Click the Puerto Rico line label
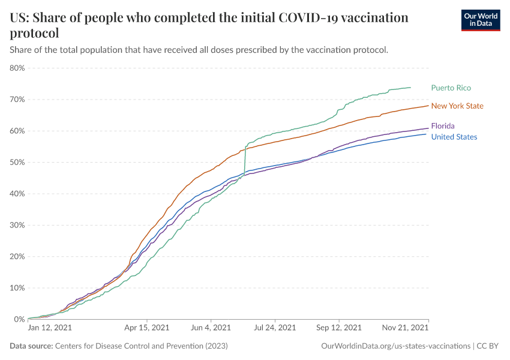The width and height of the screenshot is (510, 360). [451, 88]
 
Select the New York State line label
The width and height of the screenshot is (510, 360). [457, 106]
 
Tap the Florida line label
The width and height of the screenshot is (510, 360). [443, 126]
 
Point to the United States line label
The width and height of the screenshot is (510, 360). [454, 137]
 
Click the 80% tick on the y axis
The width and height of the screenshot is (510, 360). [17, 68]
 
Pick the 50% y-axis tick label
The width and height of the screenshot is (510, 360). [17, 162]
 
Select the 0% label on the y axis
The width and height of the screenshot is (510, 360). [19, 319]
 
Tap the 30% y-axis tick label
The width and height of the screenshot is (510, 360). [17, 225]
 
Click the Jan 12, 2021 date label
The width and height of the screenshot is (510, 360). [50, 328]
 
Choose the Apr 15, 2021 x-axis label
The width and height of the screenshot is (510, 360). [146, 328]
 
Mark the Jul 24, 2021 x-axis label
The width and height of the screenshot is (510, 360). [275, 328]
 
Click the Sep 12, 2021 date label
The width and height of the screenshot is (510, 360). [338, 328]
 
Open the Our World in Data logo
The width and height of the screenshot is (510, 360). [481, 20]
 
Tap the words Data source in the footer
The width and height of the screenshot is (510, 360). [31, 346]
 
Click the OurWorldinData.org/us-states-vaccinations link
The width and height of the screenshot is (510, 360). [396, 346]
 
